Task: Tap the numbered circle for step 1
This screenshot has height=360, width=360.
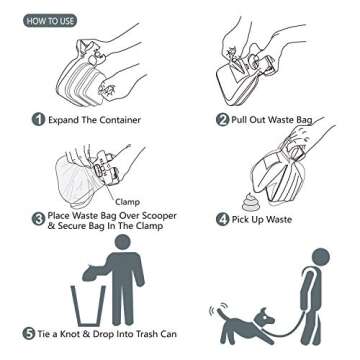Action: click(37, 119)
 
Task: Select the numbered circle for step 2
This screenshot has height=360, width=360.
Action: click(222, 119)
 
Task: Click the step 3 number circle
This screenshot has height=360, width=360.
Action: click(37, 217)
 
